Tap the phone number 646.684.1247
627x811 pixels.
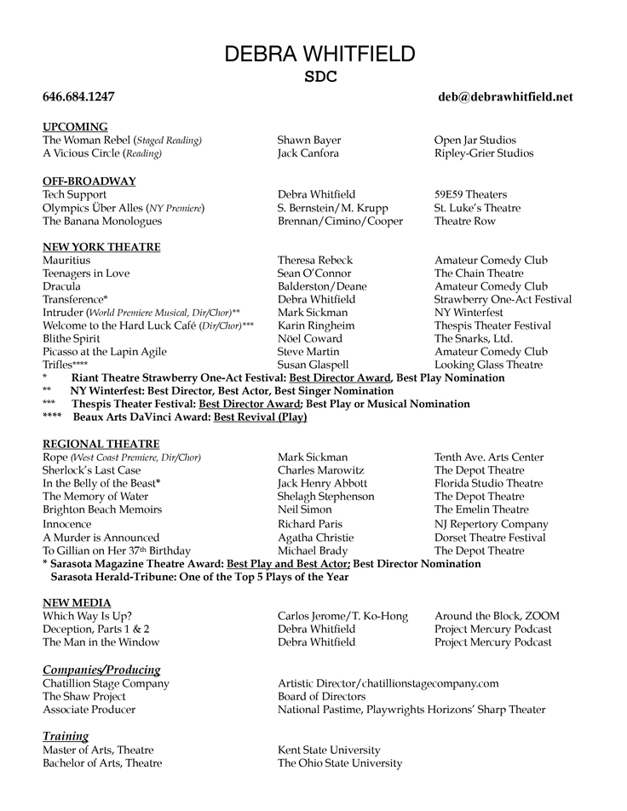coord(78,97)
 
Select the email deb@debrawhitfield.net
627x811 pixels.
coord(505,97)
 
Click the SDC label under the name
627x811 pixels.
coord(320,76)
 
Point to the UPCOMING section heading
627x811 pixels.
coord(75,127)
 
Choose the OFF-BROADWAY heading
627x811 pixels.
coord(89,181)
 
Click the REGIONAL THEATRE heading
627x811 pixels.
coord(101,444)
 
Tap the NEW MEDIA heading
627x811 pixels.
coord(77,603)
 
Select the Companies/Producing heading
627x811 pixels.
coord(101,670)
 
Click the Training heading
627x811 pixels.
coord(66,736)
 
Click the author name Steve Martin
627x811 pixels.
coord(308,352)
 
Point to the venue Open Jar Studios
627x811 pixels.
coord(475,141)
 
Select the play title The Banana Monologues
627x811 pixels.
coord(102,221)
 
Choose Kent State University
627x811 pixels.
coord(329,750)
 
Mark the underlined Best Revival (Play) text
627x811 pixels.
coord(260,417)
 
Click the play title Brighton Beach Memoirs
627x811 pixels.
coord(102,510)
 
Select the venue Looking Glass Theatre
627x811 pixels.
coord(488,365)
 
